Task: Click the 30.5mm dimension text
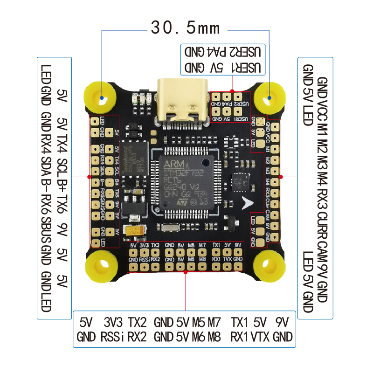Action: (185, 28)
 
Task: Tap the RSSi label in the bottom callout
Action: (112, 337)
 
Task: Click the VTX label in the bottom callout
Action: (260, 337)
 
